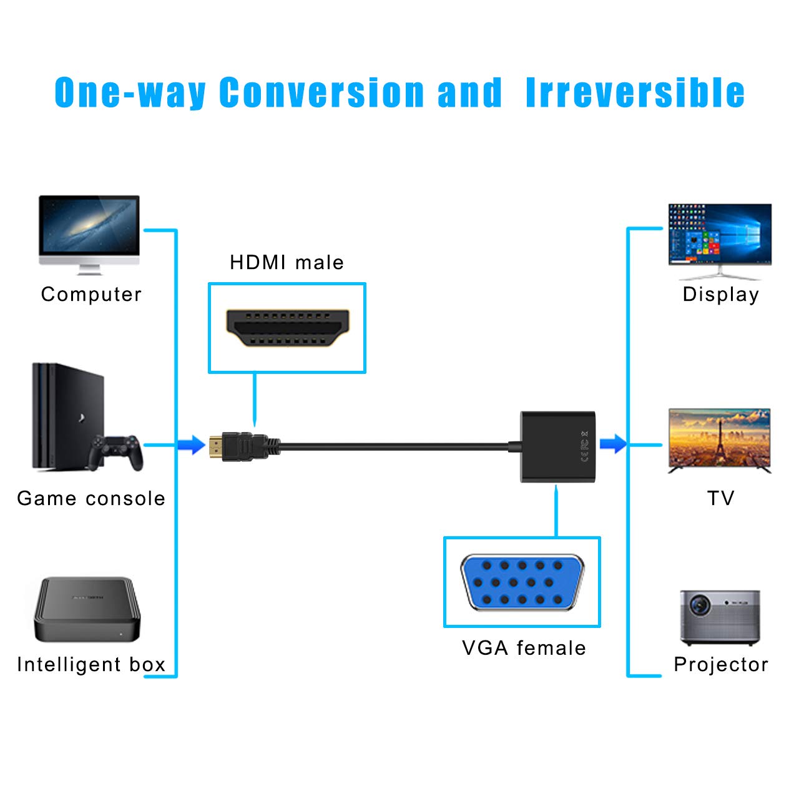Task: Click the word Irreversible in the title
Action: pos(635,93)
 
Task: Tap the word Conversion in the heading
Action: pos(322,93)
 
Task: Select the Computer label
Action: pos(91,294)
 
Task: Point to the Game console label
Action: pos(91,498)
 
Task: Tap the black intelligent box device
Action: pos(87,610)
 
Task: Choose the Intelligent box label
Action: pos(91,664)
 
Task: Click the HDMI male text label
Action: pos(287,262)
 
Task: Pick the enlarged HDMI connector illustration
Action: pos(287,328)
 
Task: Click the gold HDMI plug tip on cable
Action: pos(216,446)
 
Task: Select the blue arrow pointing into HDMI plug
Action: pos(191,445)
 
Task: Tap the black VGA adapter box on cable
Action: pos(557,446)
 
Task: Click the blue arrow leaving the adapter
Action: pos(613,444)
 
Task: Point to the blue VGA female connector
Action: pos(522,582)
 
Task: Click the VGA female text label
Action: pos(524,648)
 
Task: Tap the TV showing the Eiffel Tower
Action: pos(720,438)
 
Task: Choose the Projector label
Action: pos(721,664)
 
